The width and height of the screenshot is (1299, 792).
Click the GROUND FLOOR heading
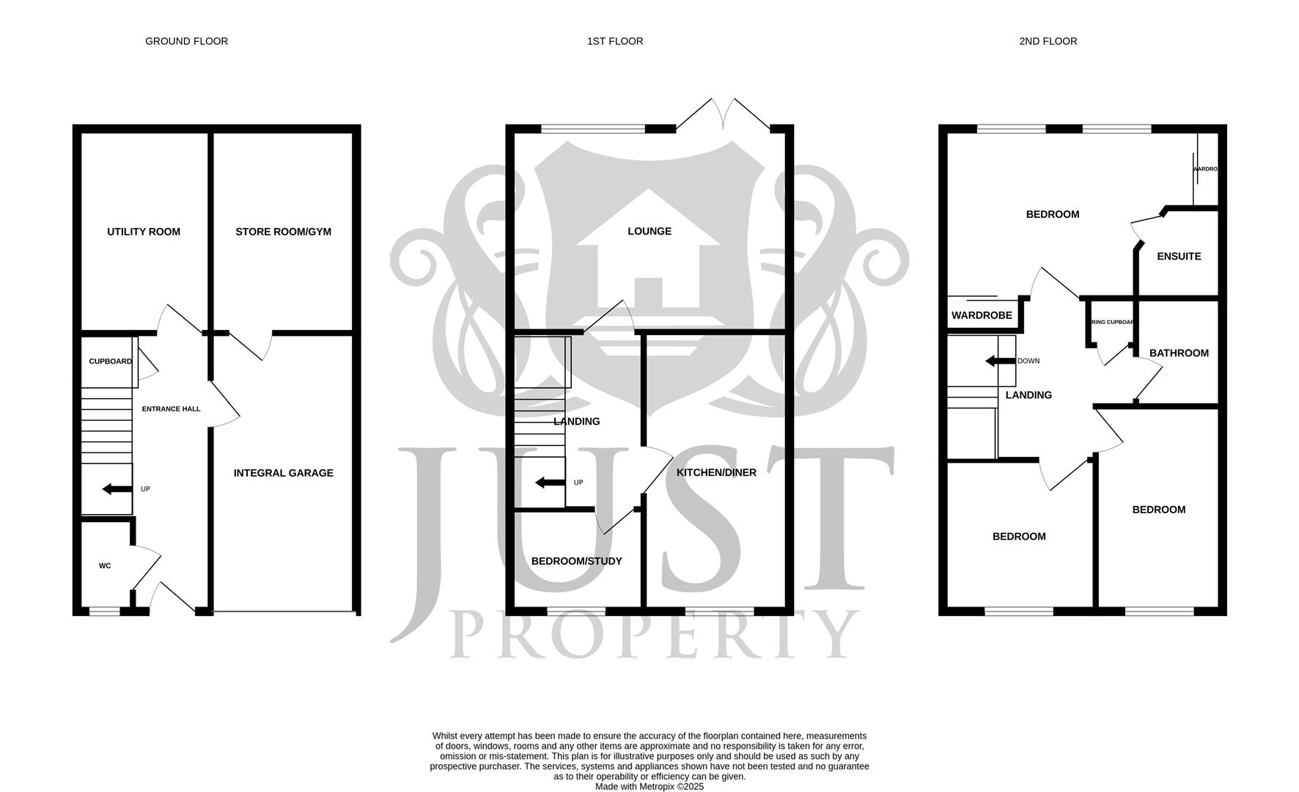186,41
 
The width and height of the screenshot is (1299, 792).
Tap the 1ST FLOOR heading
614,41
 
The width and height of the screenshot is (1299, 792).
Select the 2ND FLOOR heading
1048,41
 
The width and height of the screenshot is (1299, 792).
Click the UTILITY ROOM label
144,232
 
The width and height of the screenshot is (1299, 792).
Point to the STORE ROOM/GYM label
283,232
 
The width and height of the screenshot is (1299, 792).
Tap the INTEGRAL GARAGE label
283,473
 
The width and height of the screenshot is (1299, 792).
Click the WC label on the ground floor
105,566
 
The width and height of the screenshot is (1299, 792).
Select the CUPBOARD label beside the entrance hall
110,362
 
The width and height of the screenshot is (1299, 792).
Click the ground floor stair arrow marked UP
117,489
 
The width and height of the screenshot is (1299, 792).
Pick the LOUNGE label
649,231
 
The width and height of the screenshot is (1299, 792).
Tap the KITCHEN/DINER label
715,473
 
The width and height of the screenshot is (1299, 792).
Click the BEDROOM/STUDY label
576,561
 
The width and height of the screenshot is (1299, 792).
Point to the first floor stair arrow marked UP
550,483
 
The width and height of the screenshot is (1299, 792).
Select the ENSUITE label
1178,256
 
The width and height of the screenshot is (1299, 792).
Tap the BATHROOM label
1178,353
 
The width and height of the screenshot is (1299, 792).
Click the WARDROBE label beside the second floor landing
981,315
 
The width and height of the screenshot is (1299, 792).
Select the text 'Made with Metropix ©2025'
649,786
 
